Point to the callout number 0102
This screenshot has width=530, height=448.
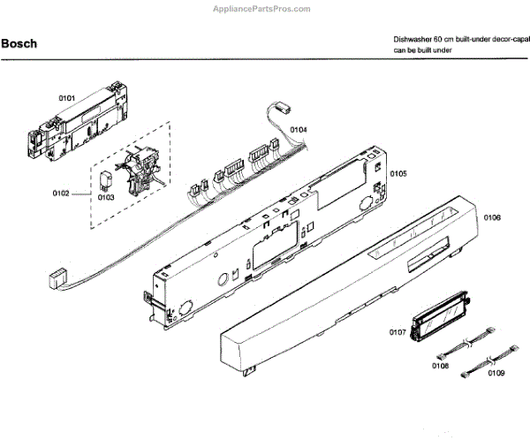[x=61, y=192]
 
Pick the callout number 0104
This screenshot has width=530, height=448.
[x=299, y=129]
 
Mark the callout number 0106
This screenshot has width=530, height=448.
[x=493, y=216]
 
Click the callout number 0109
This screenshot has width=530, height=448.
[x=496, y=375]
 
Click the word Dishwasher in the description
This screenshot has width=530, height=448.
[x=414, y=42]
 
